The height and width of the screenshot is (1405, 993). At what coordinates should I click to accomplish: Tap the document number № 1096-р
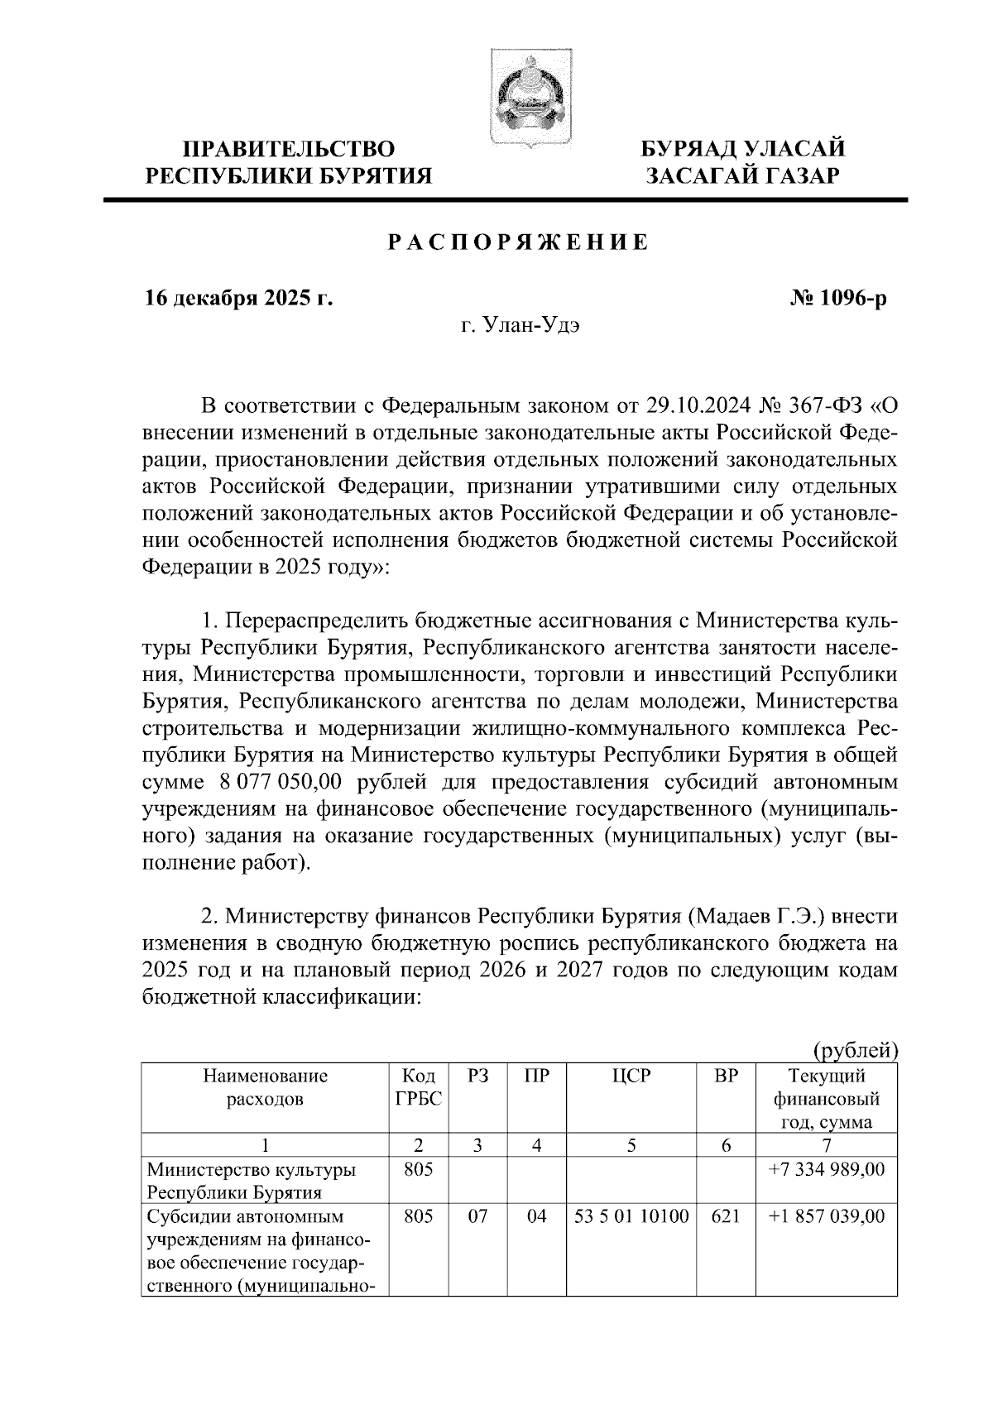coord(838,299)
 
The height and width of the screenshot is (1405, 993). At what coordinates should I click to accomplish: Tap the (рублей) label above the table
coord(856,1050)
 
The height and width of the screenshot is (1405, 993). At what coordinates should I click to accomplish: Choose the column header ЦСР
coord(632,1077)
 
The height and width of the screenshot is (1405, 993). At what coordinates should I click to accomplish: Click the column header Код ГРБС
coord(418,1087)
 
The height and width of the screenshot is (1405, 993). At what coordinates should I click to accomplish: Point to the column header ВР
coord(725,1077)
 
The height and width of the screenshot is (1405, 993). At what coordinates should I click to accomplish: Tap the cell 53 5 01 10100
coord(632,1216)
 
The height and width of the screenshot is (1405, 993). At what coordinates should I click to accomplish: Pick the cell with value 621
coord(725,1216)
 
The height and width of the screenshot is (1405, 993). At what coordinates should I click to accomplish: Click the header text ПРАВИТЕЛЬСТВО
coord(289,149)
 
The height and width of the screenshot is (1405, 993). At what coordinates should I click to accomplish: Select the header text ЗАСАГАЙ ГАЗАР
coord(744,175)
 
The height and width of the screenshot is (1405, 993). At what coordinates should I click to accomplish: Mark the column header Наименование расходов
coord(265,1087)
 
